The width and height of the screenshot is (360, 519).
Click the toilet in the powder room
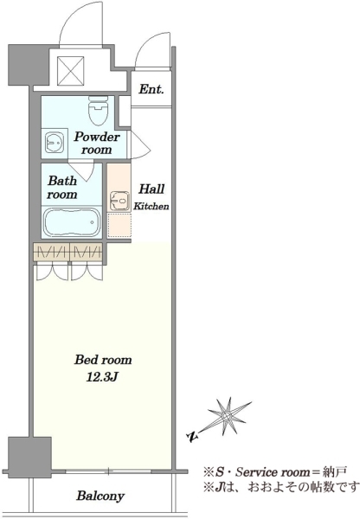click(x=99, y=111)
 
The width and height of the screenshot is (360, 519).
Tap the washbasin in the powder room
click(x=55, y=143)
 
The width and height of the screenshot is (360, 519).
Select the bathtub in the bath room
click(x=72, y=221)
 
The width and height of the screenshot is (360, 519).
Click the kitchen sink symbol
click(x=119, y=201)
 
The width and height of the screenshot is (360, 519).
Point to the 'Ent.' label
click(x=151, y=89)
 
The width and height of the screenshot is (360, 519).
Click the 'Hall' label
click(x=151, y=189)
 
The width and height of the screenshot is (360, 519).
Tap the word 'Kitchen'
click(x=151, y=206)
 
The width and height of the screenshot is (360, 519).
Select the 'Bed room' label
click(x=103, y=360)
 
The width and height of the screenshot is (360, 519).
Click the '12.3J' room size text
click(x=102, y=376)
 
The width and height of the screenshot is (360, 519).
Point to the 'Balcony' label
click(x=100, y=496)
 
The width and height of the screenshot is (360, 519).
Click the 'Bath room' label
click(x=62, y=188)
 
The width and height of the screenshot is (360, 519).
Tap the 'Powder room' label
click(x=96, y=143)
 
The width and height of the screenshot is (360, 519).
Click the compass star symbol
click(x=228, y=416)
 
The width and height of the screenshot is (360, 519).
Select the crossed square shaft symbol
click(x=71, y=71)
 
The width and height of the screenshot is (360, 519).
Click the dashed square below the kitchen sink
click(x=119, y=225)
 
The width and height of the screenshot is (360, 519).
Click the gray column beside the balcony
click(x=29, y=457)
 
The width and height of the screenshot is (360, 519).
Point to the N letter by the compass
click(x=192, y=437)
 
